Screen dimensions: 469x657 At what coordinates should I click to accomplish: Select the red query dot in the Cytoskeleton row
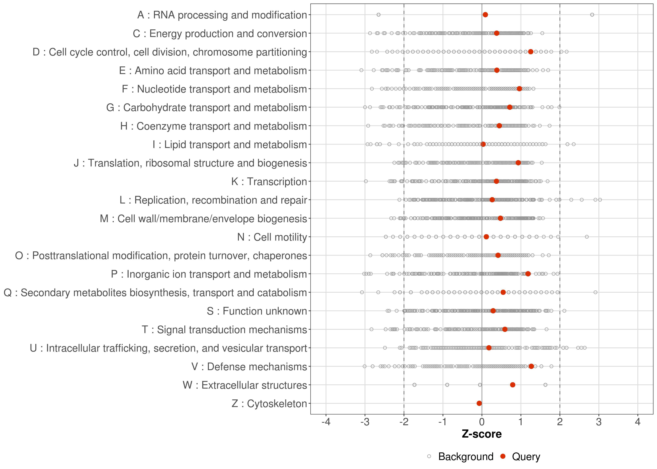pos(479,403)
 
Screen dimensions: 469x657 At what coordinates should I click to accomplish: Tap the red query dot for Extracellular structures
pos(513,385)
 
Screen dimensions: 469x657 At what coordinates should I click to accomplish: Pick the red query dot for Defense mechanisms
pos(531,366)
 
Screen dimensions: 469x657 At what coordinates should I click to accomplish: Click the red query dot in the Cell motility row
pos(486,237)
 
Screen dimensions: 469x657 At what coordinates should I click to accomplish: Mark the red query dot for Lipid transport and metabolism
pos(483,144)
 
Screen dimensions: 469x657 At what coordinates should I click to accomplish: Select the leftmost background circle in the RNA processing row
pos(379,15)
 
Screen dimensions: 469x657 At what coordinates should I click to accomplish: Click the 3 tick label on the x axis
pos(599,422)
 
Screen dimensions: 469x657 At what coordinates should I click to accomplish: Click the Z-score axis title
pos(482,434)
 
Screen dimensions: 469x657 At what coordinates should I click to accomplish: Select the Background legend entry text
pos(466,457)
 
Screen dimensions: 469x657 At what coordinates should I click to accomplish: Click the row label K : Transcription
pos(269,182)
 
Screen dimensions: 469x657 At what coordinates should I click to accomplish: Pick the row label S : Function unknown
pos(257,311)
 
